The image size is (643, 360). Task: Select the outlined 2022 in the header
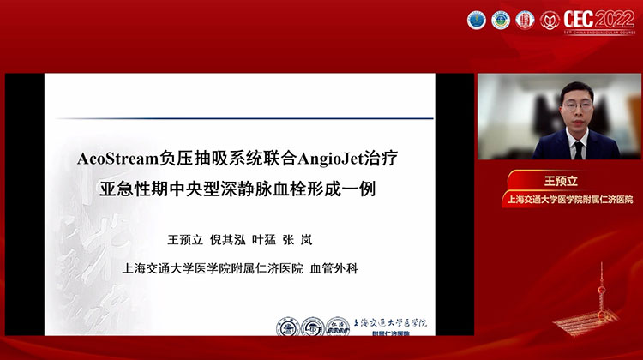point(617,18)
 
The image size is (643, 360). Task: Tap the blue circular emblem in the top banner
point(476,19)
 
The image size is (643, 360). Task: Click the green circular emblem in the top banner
point(501,19)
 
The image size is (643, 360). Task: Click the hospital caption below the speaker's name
point(568,200)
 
